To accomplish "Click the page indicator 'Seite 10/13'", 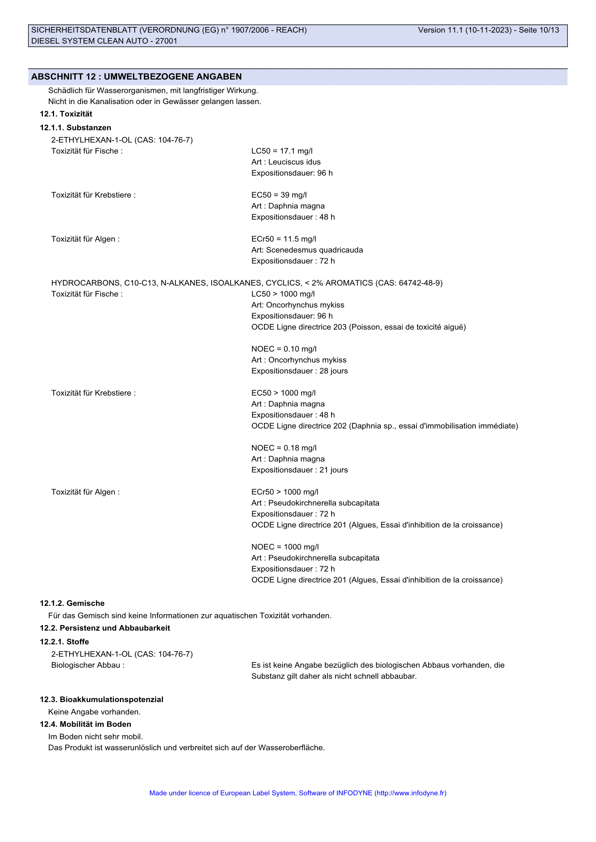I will (x=538, y=30).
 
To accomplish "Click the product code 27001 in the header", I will (x=166, y=41).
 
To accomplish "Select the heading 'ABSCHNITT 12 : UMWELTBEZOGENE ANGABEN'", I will (x=137, y=77).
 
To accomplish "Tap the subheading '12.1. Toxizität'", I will (x=66, y=114).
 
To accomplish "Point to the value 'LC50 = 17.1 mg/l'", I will (x=282, y=151).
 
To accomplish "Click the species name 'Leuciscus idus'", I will (x=294, y=162).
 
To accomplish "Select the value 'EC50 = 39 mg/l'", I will (x=279, y=195).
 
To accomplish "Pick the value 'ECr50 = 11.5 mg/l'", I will (x=284, y=239).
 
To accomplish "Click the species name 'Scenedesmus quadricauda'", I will (x=314, y=250).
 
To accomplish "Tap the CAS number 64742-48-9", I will (x=419, y=283).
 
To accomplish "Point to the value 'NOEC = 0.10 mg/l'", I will (x=284, y=349).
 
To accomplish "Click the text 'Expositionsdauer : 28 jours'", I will (x=299, y=371).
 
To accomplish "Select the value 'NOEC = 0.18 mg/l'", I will (x=284, y=448).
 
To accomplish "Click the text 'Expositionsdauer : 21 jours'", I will (x=299, y=470).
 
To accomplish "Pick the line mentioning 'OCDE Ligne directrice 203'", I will (x=359, y=327).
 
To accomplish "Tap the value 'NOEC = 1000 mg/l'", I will (x=285, y=547).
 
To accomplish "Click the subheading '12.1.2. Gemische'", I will (x=72, y=603).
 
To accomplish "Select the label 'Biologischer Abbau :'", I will (x=88, y=665).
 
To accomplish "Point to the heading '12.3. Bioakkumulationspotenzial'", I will (x=102, y=699).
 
